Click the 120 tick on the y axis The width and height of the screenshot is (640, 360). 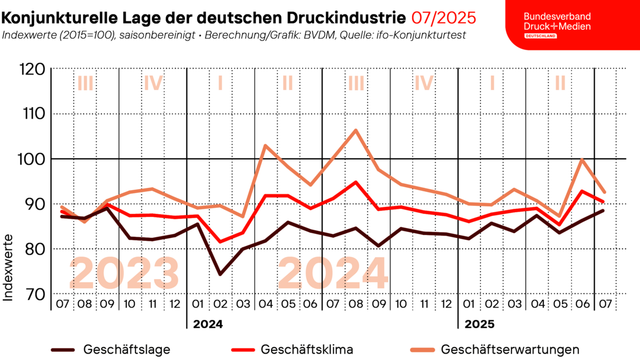click(31, 69)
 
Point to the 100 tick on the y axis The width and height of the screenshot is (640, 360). click(31, 159)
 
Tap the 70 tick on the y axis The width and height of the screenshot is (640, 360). click(34, 294)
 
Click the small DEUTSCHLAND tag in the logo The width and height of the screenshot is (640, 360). click(541, 36)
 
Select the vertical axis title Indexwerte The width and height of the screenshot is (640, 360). click(9, 267)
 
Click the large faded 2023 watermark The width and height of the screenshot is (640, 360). click(125, 273)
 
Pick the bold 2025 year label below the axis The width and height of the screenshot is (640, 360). click(481, 323)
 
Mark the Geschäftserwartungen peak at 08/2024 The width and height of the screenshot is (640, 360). click(355, 130)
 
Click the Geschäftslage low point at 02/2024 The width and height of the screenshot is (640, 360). click(220, 274)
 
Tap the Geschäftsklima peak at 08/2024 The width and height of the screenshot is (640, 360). click(355, 182)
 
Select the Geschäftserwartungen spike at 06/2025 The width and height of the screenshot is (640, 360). click(581, 159)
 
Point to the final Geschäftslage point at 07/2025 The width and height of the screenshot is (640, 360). click(604, 210)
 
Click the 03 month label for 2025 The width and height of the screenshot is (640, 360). click(514, 304)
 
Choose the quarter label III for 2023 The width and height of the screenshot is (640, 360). click(85, 83)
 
